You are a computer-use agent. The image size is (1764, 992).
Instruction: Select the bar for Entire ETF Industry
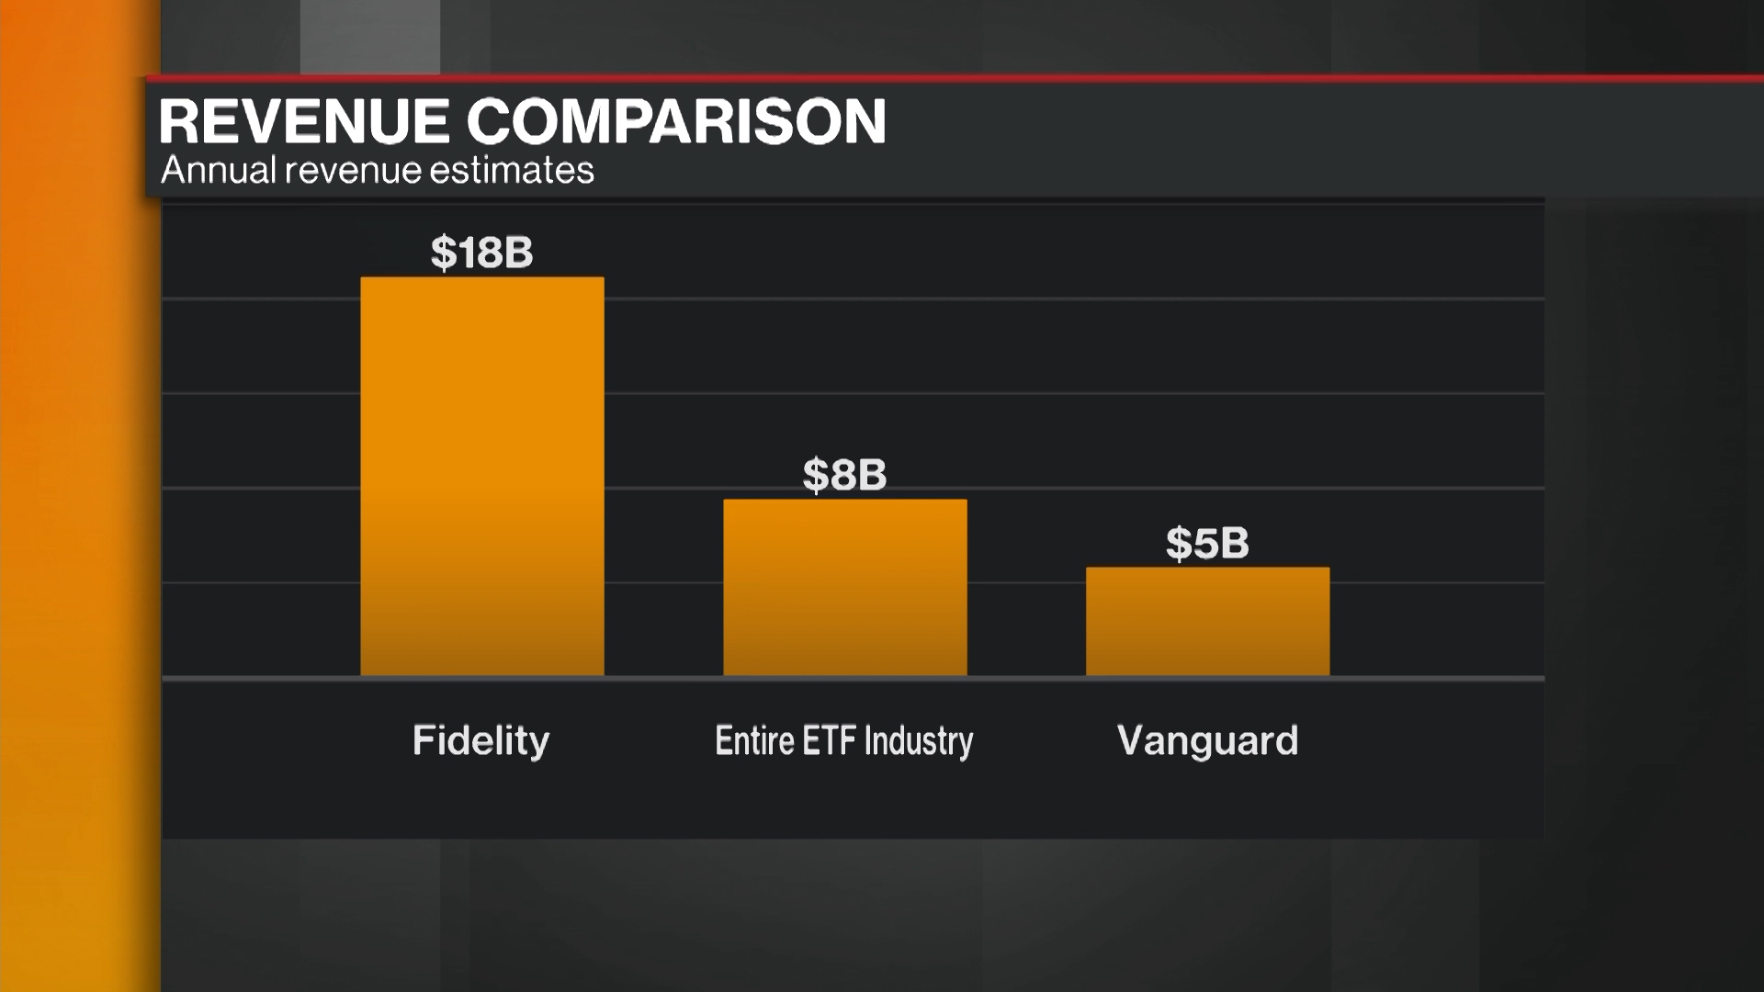coord(844,588)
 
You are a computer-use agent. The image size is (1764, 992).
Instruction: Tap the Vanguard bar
coord(1207,622)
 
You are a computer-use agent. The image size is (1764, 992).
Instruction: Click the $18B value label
coord(481,253)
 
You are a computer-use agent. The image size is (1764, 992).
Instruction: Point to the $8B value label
coord(844,475)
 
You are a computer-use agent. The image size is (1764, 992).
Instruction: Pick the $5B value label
coord(1207,543)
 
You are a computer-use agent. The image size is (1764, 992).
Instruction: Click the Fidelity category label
coord(481,740)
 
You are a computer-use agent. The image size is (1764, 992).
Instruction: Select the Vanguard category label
coord(1207,740)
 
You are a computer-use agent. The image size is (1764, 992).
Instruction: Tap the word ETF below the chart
coord(830,740)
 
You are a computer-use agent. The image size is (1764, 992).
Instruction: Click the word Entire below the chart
coord(754,740)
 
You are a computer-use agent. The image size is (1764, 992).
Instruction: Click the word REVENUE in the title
coord(304,121)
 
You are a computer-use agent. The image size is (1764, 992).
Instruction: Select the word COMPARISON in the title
coord(676,121)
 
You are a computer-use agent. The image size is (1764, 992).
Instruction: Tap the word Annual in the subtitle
coord(219,171)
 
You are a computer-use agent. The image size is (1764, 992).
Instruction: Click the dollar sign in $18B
coord(444,253)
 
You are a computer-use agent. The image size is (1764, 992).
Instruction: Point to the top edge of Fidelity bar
coord(481,278)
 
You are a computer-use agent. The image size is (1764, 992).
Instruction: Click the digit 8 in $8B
coord(842,475)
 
